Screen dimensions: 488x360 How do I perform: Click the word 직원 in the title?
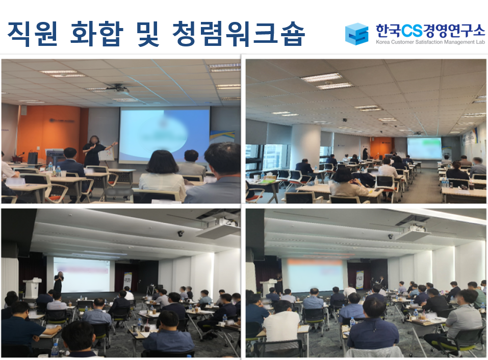click(x=32, y=34)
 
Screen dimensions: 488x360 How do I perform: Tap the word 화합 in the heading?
click(x=97, y=34)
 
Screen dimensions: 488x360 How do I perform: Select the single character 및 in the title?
click(x=147, y=34)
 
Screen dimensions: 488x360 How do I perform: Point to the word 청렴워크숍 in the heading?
click(x=239, y=34)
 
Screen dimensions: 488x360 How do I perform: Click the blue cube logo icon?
click(x=356, y=34)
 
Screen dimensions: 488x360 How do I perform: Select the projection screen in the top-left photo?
click(x=165, y=135)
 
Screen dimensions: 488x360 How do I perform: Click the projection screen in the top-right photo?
click(x=424, y=148)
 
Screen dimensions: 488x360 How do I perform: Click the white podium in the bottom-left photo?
click(x=32, y=288)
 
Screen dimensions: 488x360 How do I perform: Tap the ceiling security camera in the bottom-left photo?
click(x=181, y=233)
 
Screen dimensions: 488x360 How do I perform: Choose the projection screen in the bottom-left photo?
click(x=82, y=274)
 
